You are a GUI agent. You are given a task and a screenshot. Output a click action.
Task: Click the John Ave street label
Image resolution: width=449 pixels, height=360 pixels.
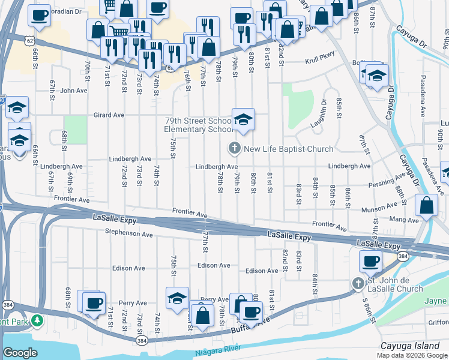tap(74, 91)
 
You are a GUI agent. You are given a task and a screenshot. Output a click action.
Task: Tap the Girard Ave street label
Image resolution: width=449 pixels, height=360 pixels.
tap(109, 115)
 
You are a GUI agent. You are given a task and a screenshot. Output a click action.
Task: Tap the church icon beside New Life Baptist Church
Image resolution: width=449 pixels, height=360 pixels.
tap(234, 148)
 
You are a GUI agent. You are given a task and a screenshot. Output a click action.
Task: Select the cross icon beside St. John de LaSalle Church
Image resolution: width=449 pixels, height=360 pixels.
tap(358, 283)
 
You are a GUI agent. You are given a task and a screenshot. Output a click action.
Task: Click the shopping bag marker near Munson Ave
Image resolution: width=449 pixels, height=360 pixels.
tap(426, 205)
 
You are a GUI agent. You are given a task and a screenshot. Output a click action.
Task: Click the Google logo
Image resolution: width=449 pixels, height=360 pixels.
tap(20, 353)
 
